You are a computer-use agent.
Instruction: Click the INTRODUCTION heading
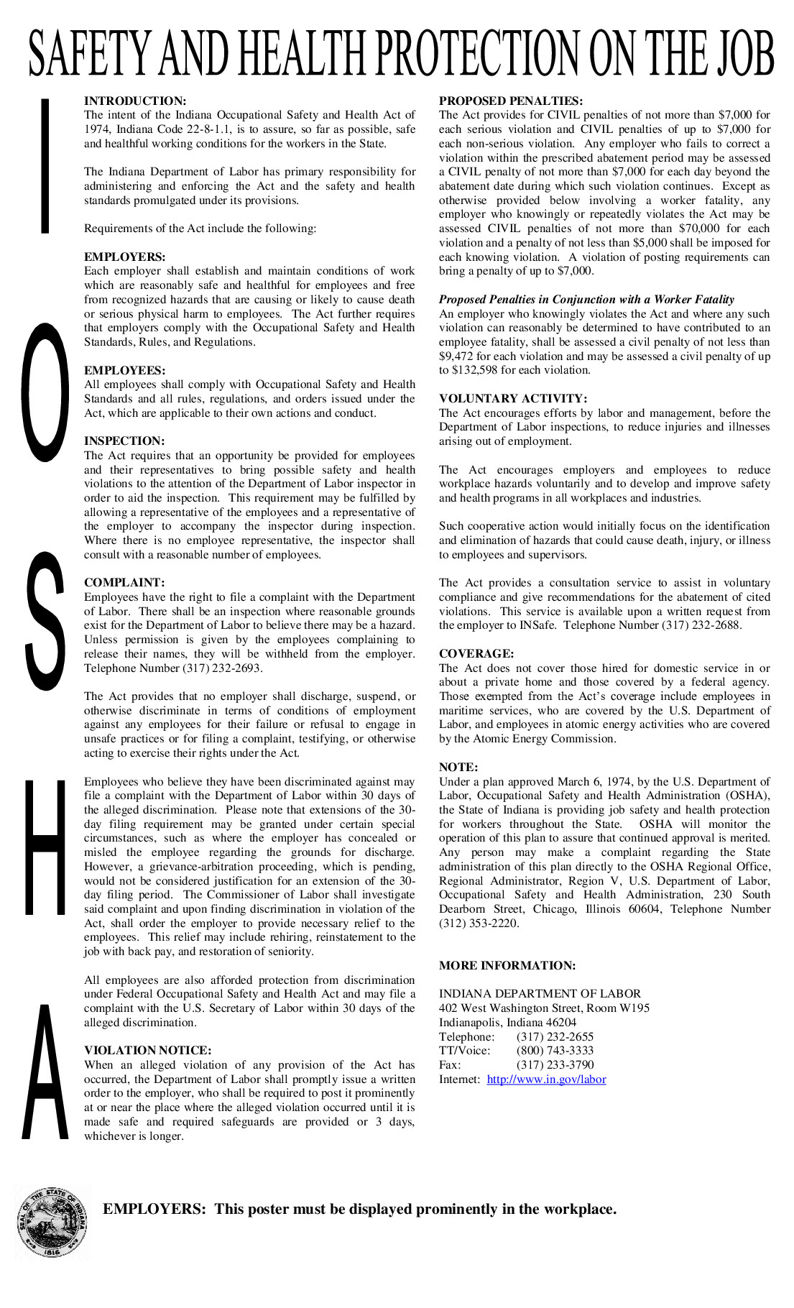click(135, 101)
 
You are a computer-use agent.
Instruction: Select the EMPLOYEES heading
click(124, 371)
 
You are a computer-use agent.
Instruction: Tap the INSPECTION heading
click(124, 441)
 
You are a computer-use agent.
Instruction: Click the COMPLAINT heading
click(124, 583)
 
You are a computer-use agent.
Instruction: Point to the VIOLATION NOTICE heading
click(147, 1051)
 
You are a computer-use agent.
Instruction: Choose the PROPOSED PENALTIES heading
click(511, 101)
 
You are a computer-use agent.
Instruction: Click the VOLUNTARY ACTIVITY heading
click(513, 399)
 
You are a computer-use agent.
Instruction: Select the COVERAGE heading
click(476, 654)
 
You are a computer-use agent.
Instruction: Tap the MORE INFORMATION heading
click(507, 966)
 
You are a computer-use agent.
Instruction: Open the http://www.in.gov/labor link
click(546, 1079)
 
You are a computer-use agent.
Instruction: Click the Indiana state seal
click(53, 1222)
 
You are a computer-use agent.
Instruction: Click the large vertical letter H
click(45, 848)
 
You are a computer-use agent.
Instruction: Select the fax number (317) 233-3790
click(555, 1065)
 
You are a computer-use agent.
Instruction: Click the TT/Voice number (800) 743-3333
click(555, 1051)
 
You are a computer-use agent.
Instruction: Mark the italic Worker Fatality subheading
click(586, 300)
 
